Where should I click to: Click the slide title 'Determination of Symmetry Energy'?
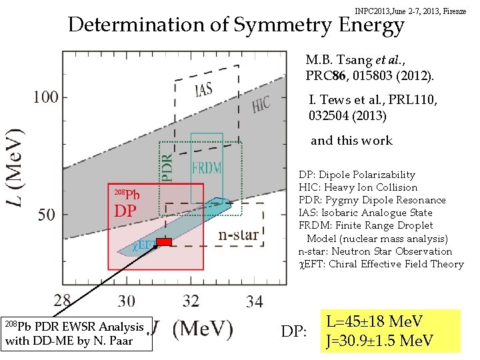click(x=236, y=25)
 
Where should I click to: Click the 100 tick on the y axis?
click(x=45, y=97)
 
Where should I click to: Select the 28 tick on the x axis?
click(x=63, y=301)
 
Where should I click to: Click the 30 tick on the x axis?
click(x=126, y=301)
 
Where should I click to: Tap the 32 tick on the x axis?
click(x=190, y=301)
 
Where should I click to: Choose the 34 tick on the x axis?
click(x=254, y=301)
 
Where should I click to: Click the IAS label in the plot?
click(x=204, y=89)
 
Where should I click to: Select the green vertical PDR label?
click(x=169, y=165)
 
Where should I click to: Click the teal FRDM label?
click(x=207, y=167)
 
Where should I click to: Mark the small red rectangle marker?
click(x=164, y=241)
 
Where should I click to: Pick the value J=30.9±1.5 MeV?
click(x=379, y=341)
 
